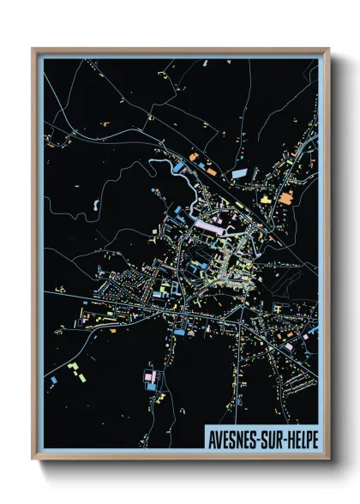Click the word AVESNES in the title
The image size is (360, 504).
point(233,439)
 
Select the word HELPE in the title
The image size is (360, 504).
point(302,439)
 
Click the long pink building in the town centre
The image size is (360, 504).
point(211,225)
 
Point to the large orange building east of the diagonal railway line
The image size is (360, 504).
point(285,197)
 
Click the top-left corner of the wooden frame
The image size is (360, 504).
point(33,50)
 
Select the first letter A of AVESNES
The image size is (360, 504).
point(211,439)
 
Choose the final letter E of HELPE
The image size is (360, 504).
point(315,439)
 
